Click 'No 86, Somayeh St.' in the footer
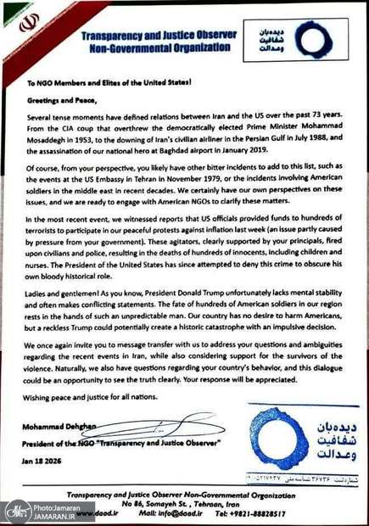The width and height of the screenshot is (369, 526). [162, 501]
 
